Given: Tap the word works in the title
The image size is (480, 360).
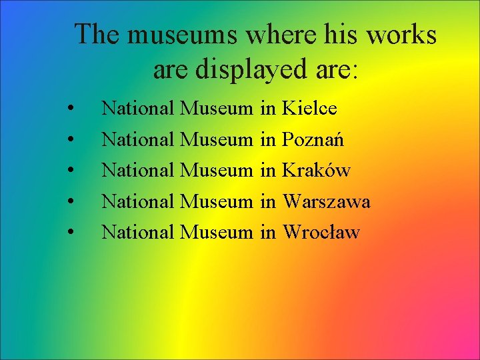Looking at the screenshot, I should (402, 35).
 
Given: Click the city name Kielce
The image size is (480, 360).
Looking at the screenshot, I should (310, 107).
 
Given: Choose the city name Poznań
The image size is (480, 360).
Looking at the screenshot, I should (313, 139).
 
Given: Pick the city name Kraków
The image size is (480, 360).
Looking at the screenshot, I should (317, 170).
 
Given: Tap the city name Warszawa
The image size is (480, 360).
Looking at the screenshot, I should (327, 201).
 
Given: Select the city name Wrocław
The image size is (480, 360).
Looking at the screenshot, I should (321, 232).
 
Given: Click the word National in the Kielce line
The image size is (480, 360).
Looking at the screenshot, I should (138, 107).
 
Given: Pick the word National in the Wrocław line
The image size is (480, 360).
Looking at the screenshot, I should (138, 232).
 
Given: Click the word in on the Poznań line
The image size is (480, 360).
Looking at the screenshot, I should (268, 139).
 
